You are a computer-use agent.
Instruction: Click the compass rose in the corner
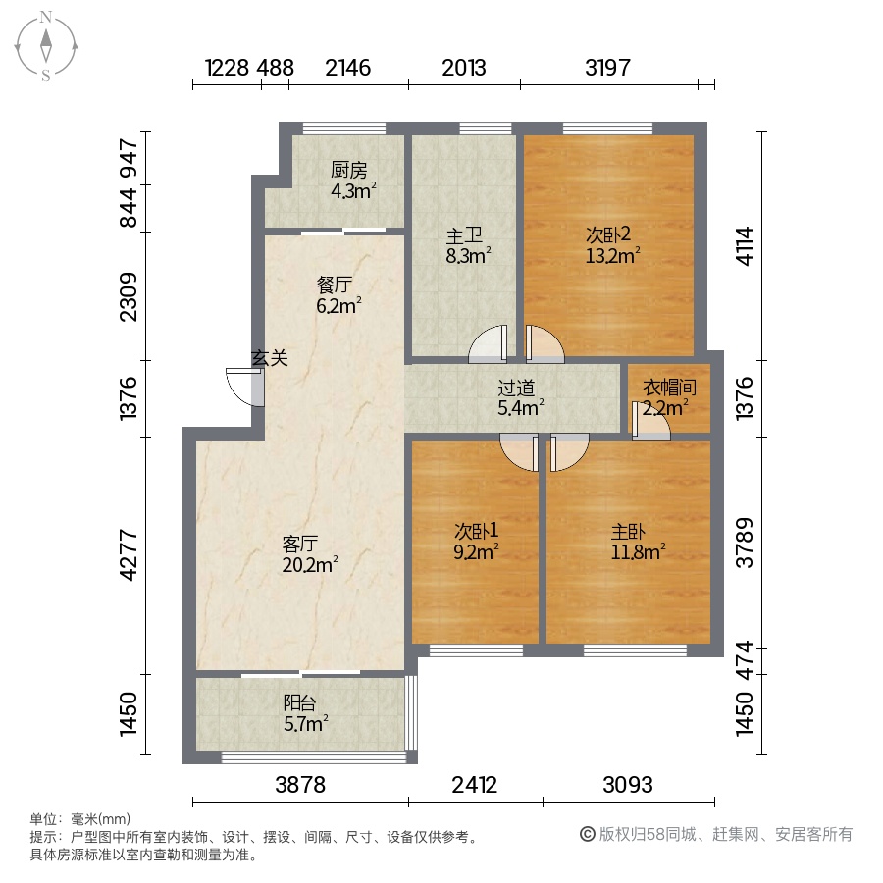click(x=45, y=46)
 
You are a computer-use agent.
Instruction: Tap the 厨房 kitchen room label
click(x=348, y=169)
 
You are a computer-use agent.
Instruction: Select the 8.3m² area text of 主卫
click(x=468, y=256)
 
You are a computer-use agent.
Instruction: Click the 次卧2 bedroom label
click(x=607, y=234)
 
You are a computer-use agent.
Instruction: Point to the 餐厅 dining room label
click(x=335, y=285)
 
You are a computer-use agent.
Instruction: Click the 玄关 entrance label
click(x=269, y=357)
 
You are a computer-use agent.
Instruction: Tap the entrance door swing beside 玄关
click(x=245, y=387)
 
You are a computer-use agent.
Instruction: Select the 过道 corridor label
click(x=516, y=388)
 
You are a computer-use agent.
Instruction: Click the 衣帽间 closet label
click(x=669, y=388)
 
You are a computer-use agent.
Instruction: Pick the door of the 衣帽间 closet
click(x=650, y=420)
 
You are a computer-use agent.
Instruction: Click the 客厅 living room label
click(x=300, y=544)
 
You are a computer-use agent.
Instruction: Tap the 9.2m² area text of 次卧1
click(x=477, y=551)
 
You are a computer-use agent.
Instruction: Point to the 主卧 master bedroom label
click(x=629, y=531)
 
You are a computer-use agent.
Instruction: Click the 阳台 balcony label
click(x=299, y=702)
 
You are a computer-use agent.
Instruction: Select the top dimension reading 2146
click(x=348, y=68)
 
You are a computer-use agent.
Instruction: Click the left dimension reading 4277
click(x=129, y=555)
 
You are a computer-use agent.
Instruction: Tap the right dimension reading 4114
click(x=745, y=245)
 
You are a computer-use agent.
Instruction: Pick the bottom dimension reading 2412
click(x=475, y=785)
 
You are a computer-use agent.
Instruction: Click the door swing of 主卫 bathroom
click(x=488, y=344)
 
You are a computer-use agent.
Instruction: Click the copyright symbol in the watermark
click(x=588, y=834)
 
